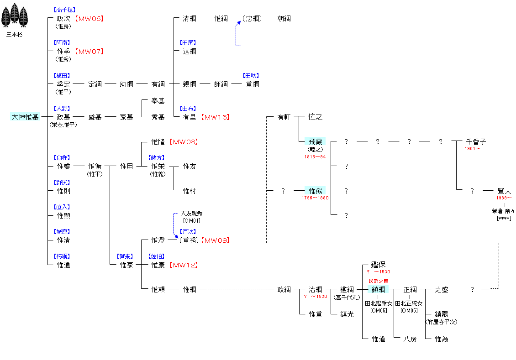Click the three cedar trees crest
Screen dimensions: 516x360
(15, 15)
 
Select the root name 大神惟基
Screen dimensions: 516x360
(25, 117)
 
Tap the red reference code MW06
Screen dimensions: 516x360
(89, 18)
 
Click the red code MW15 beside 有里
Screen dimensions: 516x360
(215, 117)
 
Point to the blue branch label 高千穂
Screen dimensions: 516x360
(64, 10)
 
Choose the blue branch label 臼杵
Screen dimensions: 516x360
(62, 158)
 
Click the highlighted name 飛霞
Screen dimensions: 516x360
(315, 141)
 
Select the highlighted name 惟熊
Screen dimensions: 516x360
(315, 191)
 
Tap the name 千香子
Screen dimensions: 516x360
(476, 141)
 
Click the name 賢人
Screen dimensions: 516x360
(504, 191)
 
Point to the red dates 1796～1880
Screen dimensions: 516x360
(315, 198)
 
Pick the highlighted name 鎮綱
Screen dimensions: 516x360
(379, 289)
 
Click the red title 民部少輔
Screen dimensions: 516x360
(379, 281)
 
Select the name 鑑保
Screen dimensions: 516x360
(379, 264)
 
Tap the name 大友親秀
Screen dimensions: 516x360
(191, 214)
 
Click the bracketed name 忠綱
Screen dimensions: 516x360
(252, 18)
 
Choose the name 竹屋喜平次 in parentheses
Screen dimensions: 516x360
(441, 322)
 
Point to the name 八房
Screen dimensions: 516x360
(410, 339)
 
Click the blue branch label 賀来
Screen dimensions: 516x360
(125, 256)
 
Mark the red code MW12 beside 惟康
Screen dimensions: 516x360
(184, 265)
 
